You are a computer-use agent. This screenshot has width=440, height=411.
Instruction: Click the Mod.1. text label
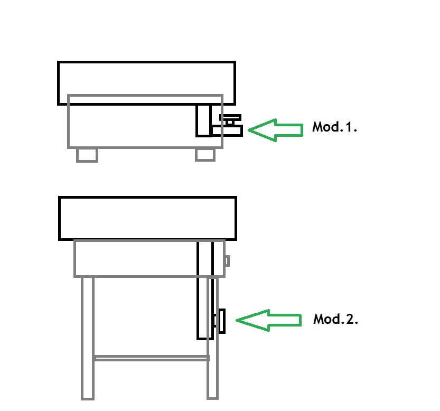(x=334, y=127)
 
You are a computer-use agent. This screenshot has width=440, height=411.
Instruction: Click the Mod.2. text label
(x=335, y=319)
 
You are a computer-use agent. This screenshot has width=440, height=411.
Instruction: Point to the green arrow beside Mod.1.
(x=276, y=130)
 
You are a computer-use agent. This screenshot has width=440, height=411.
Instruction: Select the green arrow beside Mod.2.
(x=268, y=320)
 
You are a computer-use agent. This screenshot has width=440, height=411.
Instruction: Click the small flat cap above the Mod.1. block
(x=230, y=117)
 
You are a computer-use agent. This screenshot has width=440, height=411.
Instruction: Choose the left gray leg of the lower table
(x=88, y=338)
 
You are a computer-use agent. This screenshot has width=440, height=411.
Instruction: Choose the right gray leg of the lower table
(x=213, y=338)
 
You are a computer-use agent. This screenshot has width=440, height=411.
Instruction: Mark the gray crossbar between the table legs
(x=152, y=358)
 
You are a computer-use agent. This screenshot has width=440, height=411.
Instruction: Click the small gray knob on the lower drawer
(x=228, y=261)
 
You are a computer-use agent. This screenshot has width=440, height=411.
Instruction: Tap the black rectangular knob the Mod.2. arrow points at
(x=222, y=321)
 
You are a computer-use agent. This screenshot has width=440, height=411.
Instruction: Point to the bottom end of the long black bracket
(x=205, y=339)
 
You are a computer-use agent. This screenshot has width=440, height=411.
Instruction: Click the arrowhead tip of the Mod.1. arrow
(x=248, y=130)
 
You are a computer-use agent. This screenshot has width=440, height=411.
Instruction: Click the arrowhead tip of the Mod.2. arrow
(x=236, y=320)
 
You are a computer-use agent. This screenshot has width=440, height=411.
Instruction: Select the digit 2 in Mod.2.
(x=350, y=319)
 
